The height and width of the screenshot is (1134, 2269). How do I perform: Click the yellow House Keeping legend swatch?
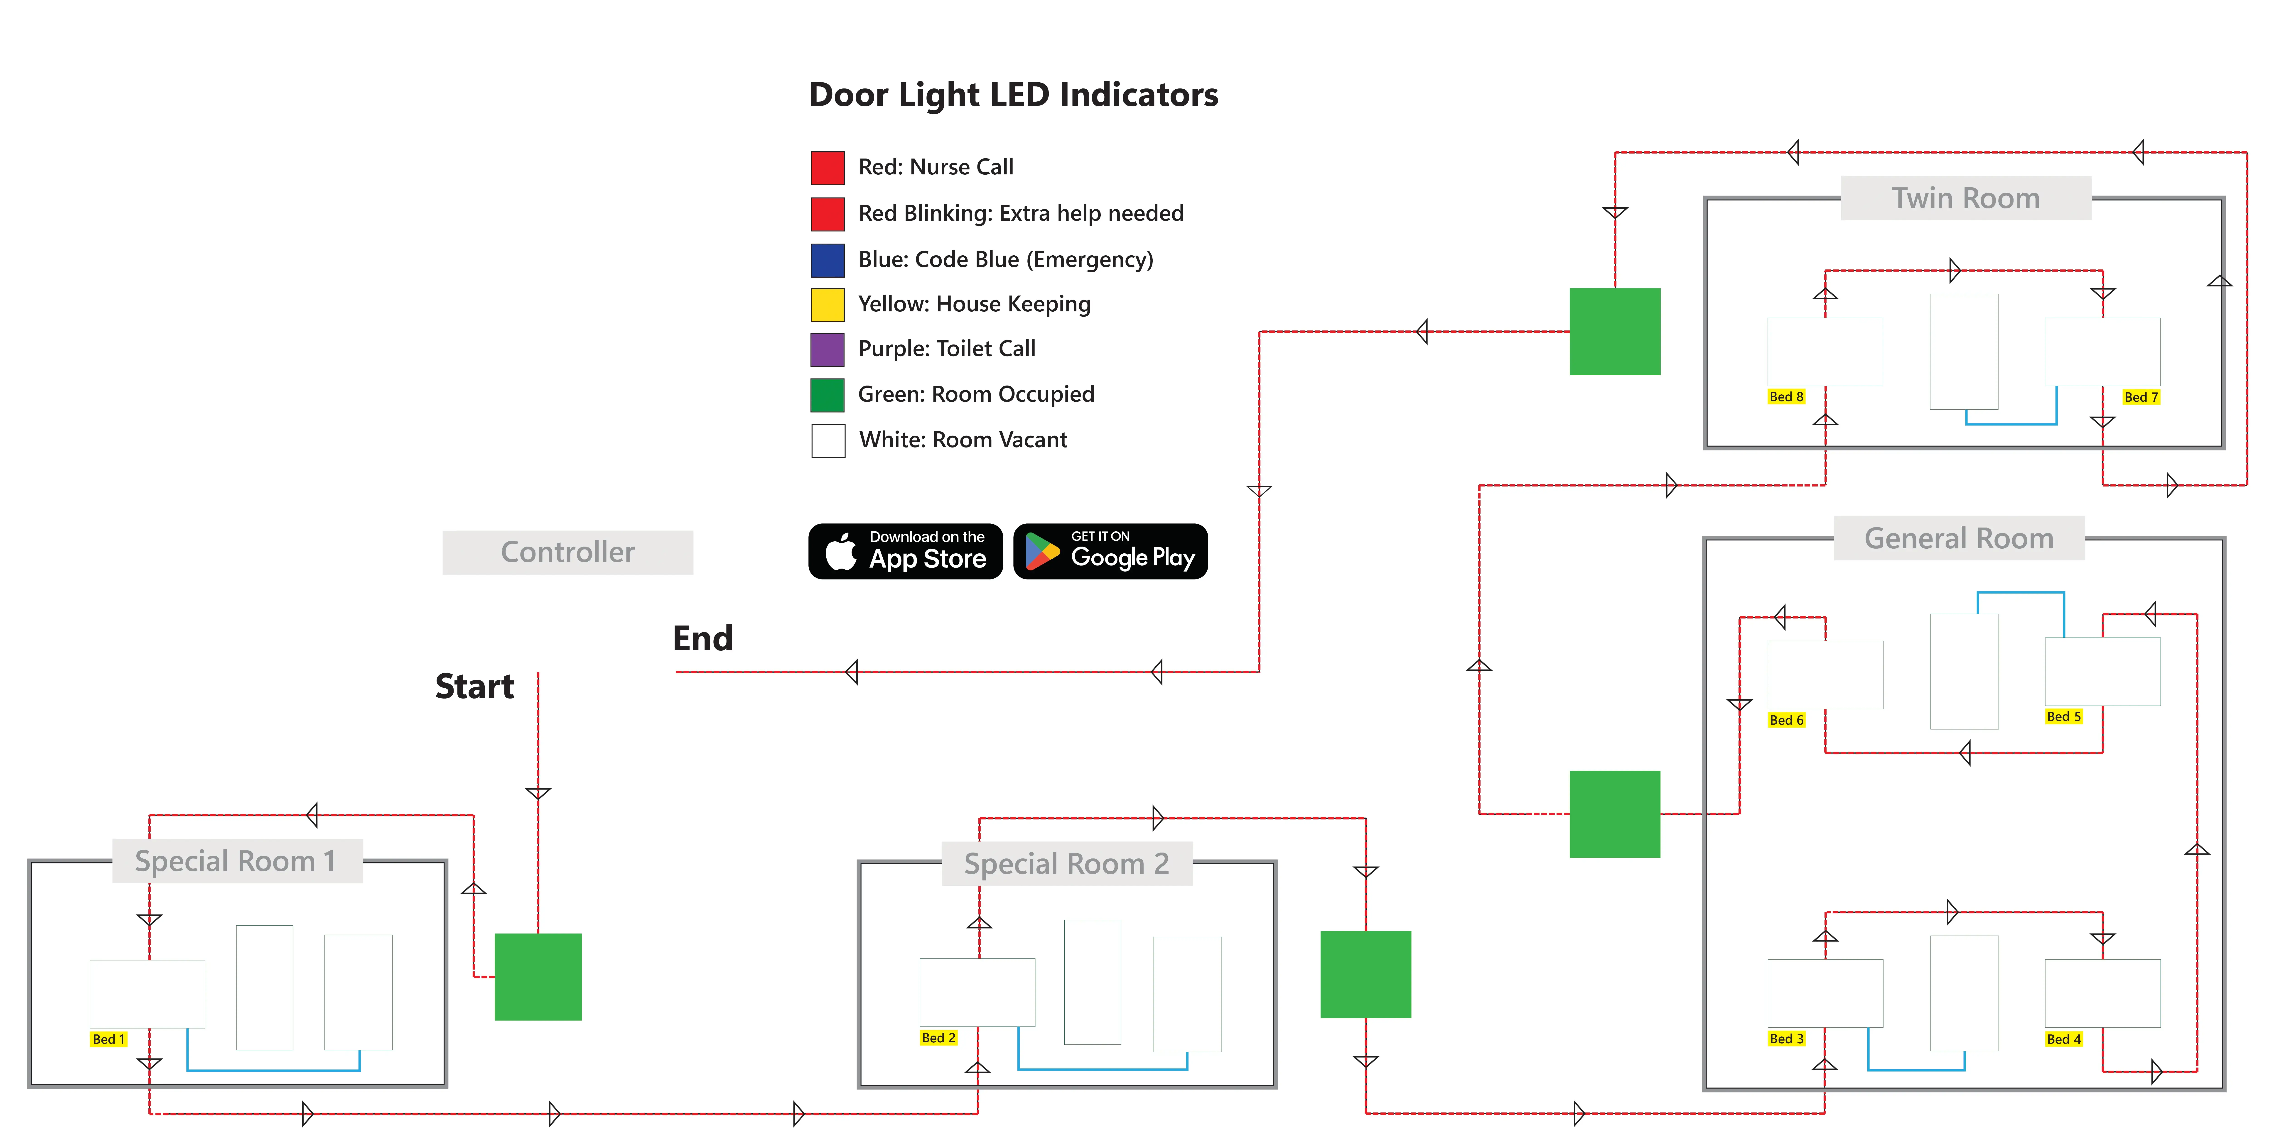827,305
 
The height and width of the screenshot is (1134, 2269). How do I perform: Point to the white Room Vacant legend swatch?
827,440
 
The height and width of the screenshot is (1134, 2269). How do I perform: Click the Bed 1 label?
108,1039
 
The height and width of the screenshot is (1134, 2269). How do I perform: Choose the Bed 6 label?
1786,720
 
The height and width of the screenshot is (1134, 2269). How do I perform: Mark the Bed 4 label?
2064,1039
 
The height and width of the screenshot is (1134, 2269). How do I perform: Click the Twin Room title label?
1965,198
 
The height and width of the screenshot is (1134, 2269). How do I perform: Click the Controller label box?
567,552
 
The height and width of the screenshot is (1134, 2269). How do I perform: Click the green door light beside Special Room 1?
537,976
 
